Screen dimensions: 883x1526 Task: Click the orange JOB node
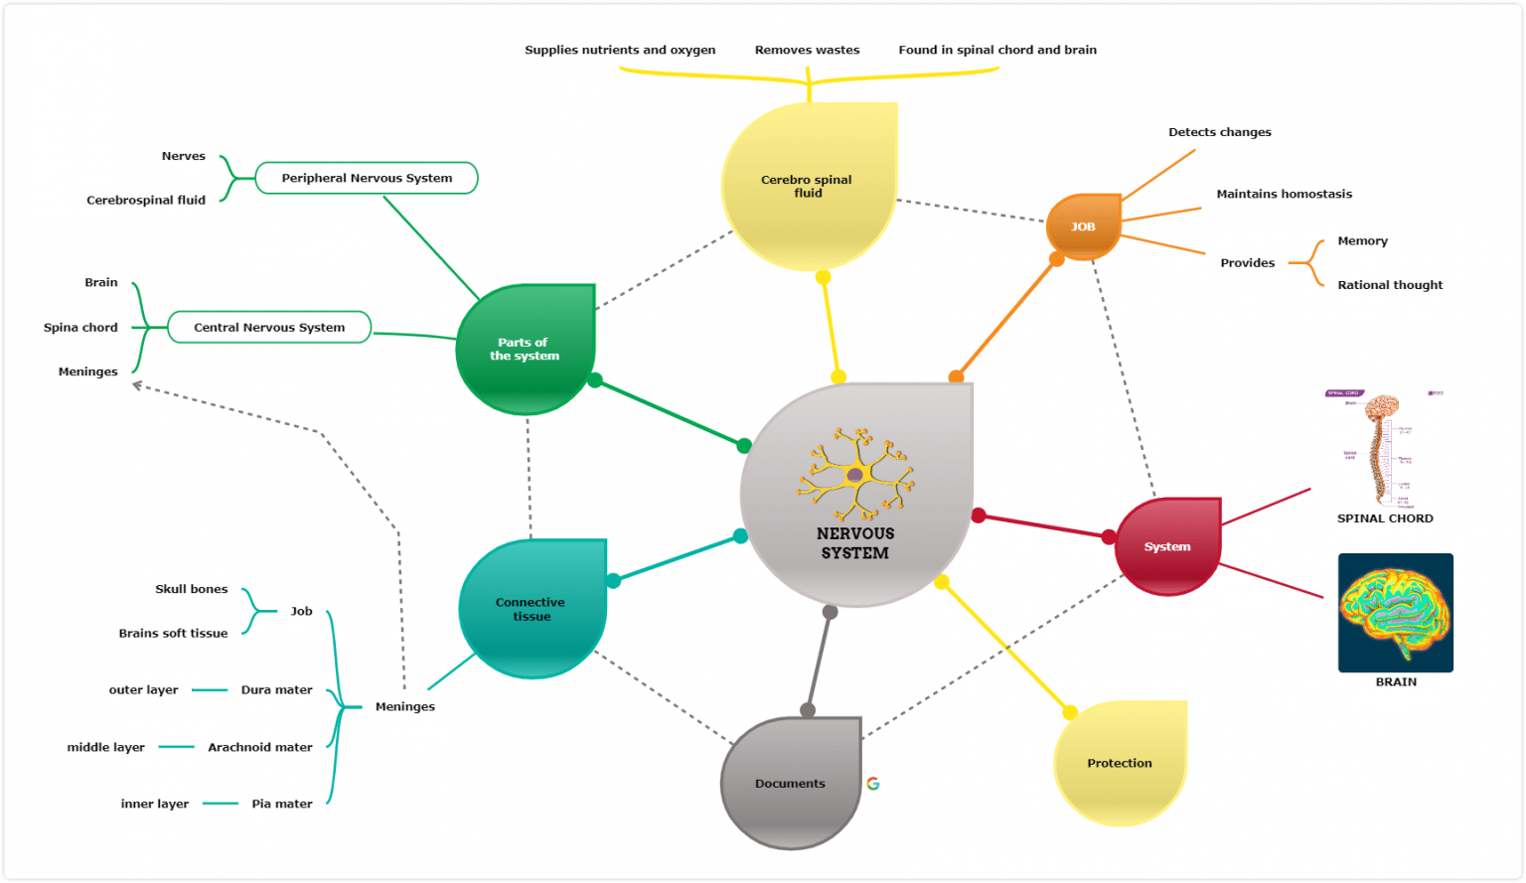[x=1083, y=226]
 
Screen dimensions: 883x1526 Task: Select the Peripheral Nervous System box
[x=367, y=178]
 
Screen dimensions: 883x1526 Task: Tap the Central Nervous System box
[x=269, y=327]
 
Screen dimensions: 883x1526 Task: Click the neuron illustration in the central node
[x=855, y=475]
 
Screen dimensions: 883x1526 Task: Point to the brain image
[x=1395, y=613]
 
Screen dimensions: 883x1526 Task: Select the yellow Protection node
[x=1120, y=763]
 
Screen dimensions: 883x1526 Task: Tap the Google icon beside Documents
[x=873, y=784]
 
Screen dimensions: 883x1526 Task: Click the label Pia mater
[x=281, y=804]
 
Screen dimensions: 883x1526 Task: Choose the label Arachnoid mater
[x=260, y=747]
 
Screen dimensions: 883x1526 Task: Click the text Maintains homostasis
[x=1284, y=194]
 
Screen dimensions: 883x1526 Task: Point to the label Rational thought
[x=1389, y=285]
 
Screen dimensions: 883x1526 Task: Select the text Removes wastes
[x=807, y=50]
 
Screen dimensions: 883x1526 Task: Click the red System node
[x=1166, y=546]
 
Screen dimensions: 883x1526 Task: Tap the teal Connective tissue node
[x=531, y=609]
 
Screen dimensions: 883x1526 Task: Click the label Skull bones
[x=191, y=589]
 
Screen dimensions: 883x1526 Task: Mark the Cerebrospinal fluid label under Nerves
[x=146, y=200]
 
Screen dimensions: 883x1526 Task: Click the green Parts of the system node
[x=525, y=349]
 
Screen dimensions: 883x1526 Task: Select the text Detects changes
[x=1219, y=132]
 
